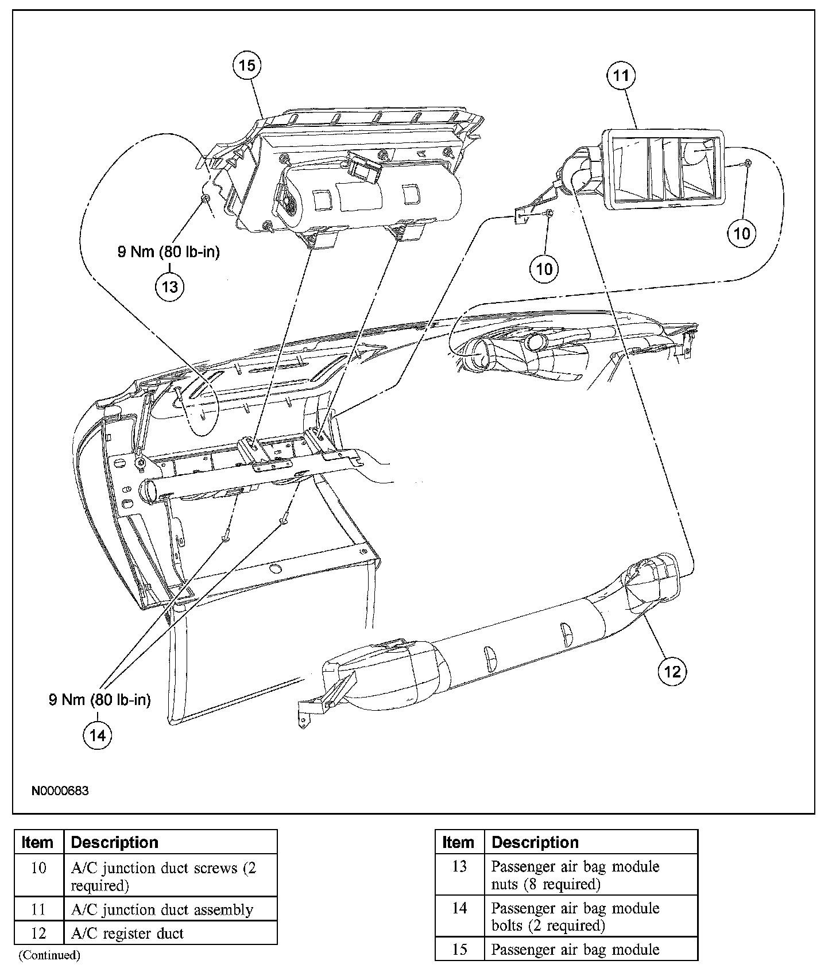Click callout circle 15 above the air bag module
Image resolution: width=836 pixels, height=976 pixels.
[247, 65]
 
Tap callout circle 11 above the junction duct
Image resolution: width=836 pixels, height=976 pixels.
[622, 76]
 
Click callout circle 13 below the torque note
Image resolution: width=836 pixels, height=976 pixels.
[170, 286]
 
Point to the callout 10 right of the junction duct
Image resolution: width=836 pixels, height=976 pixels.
[742, 233]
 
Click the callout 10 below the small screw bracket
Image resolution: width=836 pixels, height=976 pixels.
[544, 268]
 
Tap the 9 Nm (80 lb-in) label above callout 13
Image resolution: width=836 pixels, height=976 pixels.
[169, 252]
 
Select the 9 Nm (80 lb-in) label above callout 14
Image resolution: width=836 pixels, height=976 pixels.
[100, 700]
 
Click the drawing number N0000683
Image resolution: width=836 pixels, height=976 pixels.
[60, 791]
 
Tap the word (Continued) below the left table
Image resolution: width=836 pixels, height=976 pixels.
[49, 955]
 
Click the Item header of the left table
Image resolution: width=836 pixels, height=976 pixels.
[38, 843]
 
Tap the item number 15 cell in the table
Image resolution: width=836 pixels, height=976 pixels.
[459, 950]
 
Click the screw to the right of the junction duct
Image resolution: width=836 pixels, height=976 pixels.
[748, 164]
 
